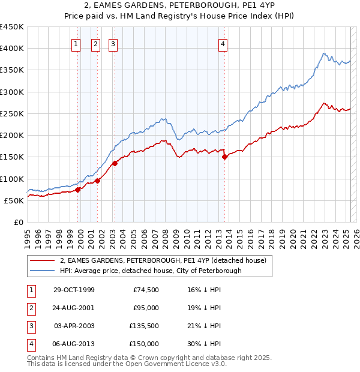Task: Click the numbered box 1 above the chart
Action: pyautogui.click(x=77, y=43)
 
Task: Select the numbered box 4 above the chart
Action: pyautogui.click(x=223, y=43)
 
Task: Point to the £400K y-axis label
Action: pyautogui.click(x=12, y=49)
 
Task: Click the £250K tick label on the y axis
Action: pyautogui.click(x=12, y=113)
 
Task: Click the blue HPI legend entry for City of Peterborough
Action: pyautogui.click(x=151, y=271)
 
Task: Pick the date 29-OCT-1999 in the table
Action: pyautogui.click(x=74, y=290)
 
